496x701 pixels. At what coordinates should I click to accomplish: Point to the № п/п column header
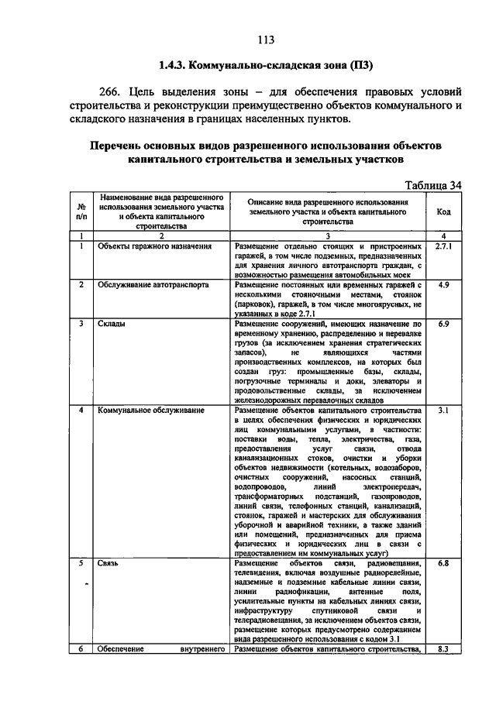pos(81,212)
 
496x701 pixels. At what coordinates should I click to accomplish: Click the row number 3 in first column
pos(81,324)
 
